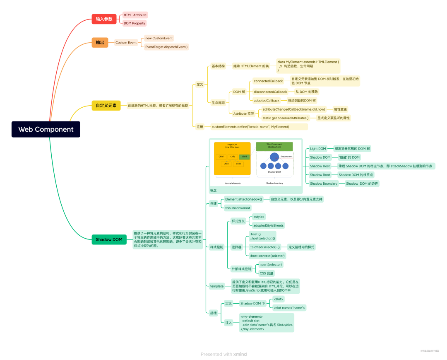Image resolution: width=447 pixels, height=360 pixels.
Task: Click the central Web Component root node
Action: click(46, 129)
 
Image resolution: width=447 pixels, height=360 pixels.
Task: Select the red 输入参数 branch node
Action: click(104, 19)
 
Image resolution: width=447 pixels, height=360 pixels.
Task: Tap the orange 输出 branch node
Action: click(100, 43)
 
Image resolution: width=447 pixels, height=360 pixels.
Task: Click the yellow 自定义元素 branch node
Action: click(106, 106)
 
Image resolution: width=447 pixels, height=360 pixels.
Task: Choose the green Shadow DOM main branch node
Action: click(109, 239)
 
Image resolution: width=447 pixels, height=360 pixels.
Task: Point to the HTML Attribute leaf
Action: click(135, 15)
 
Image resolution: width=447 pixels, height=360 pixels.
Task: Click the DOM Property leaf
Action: click(134, 23)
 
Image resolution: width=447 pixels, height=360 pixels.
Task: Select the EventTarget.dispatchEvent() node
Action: click(166, 47)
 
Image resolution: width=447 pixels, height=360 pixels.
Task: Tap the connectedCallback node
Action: click(268, 81)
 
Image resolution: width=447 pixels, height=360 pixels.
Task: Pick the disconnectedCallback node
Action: click(270, 92)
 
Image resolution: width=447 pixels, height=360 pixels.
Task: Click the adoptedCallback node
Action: click(266, 100)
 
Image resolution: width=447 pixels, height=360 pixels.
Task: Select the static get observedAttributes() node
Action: click(288, 118)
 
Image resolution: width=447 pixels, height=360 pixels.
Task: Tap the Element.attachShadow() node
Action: click(244, 199)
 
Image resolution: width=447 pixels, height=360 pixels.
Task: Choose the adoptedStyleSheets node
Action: click(268, 225)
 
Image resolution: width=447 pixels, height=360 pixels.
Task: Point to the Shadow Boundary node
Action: click(324, 184)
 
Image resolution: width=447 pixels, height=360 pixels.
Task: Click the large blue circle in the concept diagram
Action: click(274, 157)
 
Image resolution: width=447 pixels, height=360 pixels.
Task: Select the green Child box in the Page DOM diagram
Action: click(244, 157)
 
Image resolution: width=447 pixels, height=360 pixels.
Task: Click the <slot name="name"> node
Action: click(289, 308)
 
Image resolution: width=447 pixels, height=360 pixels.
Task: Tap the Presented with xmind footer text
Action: click(223, 354)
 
